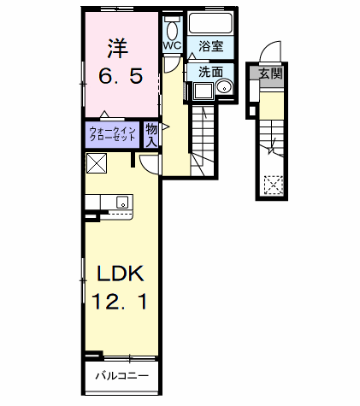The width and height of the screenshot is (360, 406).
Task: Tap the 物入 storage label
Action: click(x=150, y=134)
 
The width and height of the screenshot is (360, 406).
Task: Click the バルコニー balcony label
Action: click(x=121, y=375)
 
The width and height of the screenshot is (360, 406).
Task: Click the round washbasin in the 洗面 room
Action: click(x=226, y=88)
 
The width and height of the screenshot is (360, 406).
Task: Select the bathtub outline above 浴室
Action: click(x=212, y=23)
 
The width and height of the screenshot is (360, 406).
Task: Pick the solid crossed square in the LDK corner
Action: click(x=95, y=162)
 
